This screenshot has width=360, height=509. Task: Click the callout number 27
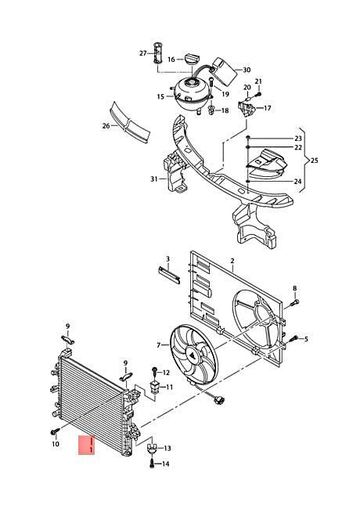pyautogui.click(x=143, y=53)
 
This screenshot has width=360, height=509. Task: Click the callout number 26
pyautogui.click(x=105, y=125)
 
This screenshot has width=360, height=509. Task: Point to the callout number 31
pyautogui.click(x=153, y=179)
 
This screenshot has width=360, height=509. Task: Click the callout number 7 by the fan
pyautogui.click(x=158, y=345)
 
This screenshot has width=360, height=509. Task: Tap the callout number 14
pyautogui.click(x=166, y=464)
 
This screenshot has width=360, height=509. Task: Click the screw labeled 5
pyautogui.click(x=293, y=339)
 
